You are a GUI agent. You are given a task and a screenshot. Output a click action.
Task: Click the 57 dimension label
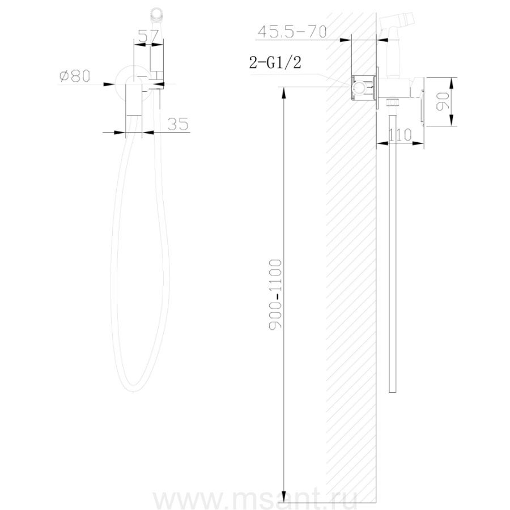click(x=148, y=36)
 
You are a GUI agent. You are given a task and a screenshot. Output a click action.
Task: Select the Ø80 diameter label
click(x=75, y=76)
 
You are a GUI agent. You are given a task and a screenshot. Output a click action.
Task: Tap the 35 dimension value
click(x=177, y=124)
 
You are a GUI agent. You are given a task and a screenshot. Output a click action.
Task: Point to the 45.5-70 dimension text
click(x=292, y=32)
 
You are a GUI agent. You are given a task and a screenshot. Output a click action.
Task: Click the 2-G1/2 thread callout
click(x=275, y=62)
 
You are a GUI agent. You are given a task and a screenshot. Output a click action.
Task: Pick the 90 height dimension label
click(x=443, y=101)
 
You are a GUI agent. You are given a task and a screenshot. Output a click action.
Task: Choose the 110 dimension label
click(x=400, y=135)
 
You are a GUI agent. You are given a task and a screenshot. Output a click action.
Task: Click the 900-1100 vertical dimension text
click(x=275, y=295)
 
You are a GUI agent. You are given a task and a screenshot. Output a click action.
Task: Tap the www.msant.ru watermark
click(x=256, y=500)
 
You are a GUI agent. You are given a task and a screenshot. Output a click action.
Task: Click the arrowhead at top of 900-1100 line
click(x=284, y=92)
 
